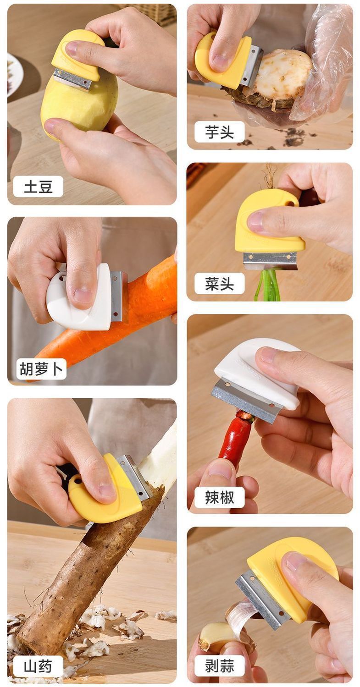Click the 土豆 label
pos(38,186)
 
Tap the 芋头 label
pos(219,132)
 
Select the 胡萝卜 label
pos(41,368)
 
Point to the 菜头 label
pos(219,283)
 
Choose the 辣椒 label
pos(219,497)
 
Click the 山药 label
pos(38,666)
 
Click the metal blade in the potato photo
pos(73,80)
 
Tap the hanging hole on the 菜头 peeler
pos(289,203)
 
